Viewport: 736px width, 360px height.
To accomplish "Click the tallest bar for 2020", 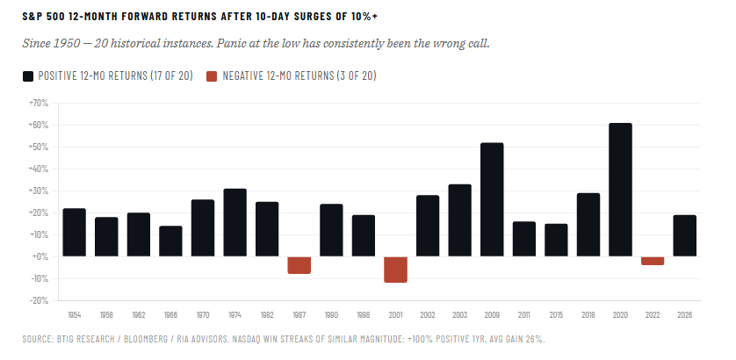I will [620, 190].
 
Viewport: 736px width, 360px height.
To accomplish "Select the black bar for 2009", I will [492, 199].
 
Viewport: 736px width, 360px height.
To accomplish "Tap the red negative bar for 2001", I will [395, 270].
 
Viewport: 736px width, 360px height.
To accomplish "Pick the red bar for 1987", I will [299, 265].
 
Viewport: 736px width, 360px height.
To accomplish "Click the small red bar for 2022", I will [653, 261].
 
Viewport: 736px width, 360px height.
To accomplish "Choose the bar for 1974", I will [235, 222].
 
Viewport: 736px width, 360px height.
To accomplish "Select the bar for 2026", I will [684, 235].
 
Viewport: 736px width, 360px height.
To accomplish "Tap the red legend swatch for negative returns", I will [211, 76].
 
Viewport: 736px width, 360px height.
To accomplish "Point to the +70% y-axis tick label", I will [38, 103].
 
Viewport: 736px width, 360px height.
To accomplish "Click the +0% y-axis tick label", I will [40, 256].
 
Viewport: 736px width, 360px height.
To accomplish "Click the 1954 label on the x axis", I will [75, 313].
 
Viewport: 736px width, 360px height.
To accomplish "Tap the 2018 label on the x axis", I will [588, 313].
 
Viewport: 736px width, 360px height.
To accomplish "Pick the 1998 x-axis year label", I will [364, 313].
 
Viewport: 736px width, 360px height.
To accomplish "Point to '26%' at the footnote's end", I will [535, 338].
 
